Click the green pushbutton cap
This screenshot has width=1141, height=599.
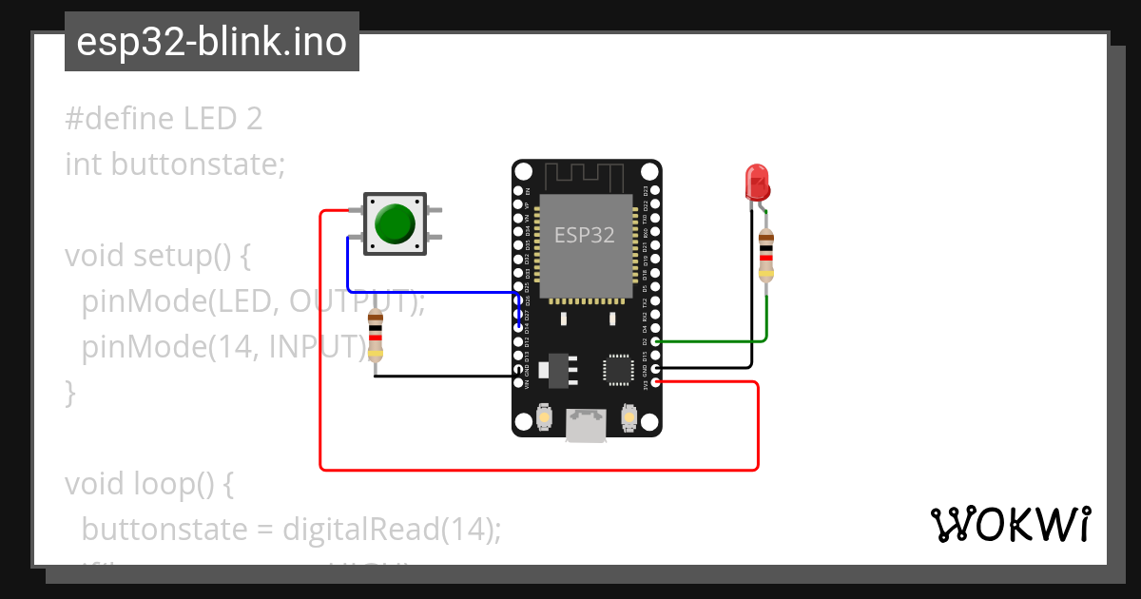(395, 222)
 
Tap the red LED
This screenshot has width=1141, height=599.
(757, 181)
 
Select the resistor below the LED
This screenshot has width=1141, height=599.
(766, 255)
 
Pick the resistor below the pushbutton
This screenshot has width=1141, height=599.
(376, 335)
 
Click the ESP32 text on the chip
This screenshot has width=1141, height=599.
(585, 235)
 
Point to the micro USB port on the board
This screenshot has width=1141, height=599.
(586, 424)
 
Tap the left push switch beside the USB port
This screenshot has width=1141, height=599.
(544, 415)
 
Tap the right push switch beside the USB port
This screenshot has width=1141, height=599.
(628, 415)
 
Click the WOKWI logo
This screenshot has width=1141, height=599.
(1010, 524)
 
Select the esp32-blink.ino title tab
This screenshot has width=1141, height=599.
(211, 42)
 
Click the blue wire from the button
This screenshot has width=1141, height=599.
(428, 291)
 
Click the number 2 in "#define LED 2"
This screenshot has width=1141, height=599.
(253, 119)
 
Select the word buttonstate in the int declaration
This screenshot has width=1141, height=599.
(198, 164)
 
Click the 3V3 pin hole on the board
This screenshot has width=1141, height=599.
(655, 382)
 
